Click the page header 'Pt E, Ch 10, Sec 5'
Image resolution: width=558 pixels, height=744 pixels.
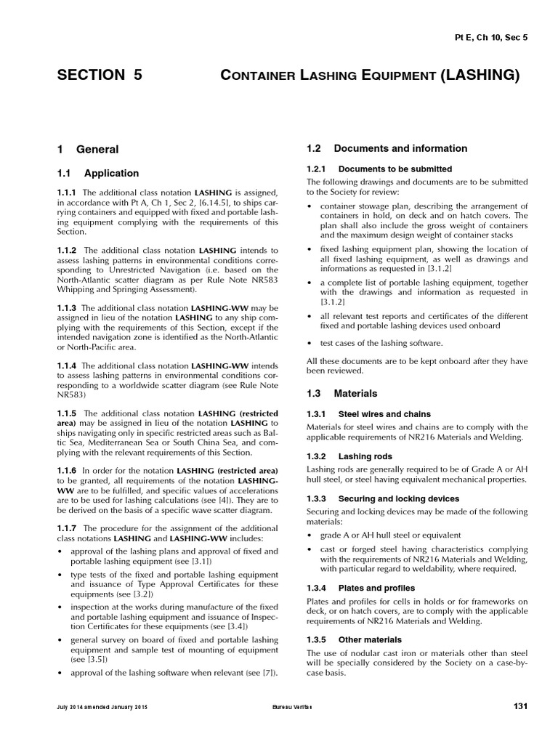[490, 37]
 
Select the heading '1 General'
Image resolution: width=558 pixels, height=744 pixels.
[88, 149]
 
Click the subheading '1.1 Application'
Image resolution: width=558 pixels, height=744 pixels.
[98, 173]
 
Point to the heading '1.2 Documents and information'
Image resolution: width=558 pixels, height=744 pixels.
[387, 148]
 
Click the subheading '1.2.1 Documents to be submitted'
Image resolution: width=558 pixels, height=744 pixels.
[379, 169]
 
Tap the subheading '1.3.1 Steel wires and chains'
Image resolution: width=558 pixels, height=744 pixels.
[368, 414]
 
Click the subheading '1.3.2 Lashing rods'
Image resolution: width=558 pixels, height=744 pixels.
[349, 456]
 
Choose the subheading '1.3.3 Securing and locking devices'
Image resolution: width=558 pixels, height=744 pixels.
[382, 498]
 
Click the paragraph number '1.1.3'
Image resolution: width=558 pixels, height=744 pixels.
[67, 308]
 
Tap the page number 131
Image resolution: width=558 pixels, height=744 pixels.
[520, 706]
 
